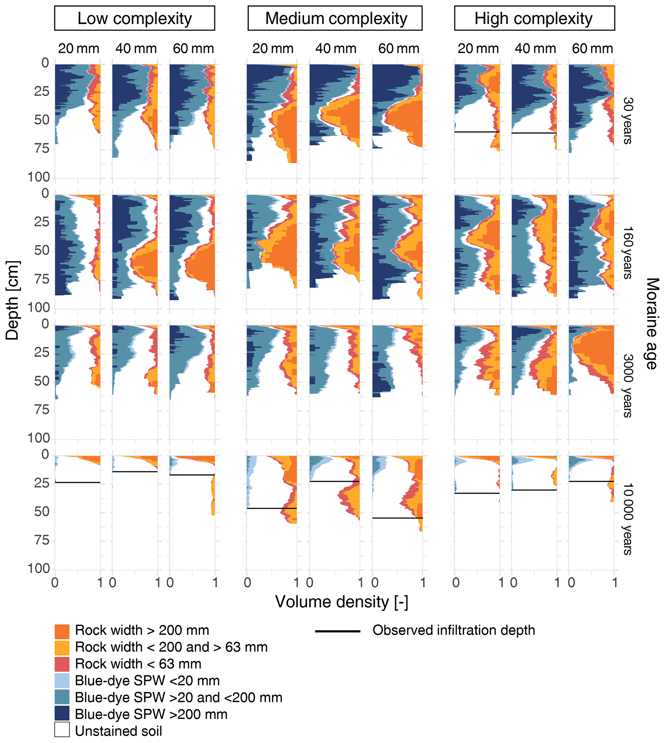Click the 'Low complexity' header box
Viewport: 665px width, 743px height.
[x=134, y=18]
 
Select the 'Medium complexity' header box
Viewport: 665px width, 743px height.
[x=335, y=18]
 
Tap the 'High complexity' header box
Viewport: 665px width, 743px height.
[x=534, y=18]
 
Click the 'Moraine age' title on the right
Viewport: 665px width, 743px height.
[x=652, y=323]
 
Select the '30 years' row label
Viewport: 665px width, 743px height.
[x=628, y=121]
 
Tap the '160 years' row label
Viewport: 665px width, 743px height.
[x=628, y=253]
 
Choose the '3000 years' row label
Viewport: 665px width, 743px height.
[x=628, y=385]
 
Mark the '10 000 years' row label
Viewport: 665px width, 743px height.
[x=628, y=519]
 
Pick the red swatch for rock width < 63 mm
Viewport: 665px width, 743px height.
[x=62, y=664]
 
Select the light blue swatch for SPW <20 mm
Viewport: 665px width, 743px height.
[x=62, y=681]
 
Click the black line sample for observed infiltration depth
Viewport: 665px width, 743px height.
[x=337, y=631]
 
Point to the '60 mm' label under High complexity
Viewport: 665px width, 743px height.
[x=592, y=49]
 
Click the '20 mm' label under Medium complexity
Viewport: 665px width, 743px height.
[x=272, y=49]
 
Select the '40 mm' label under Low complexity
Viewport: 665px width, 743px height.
[x=136, y=49]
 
